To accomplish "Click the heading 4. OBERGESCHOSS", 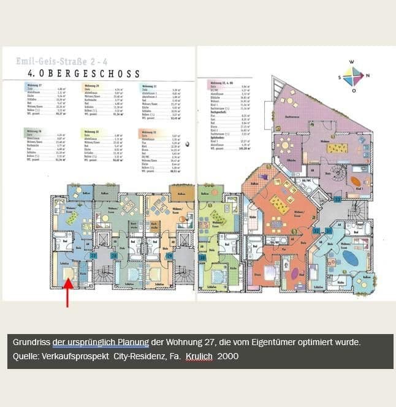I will (80, 74).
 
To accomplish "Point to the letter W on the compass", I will (352, 63).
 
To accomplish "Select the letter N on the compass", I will (367, 76).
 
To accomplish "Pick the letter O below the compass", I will (353, 90).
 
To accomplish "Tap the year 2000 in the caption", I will (228, 356).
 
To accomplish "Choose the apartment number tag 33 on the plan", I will (337, 200).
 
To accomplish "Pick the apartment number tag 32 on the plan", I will (316, 231).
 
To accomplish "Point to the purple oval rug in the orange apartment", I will (295, 272).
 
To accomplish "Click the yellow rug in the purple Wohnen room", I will (337, 148).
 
